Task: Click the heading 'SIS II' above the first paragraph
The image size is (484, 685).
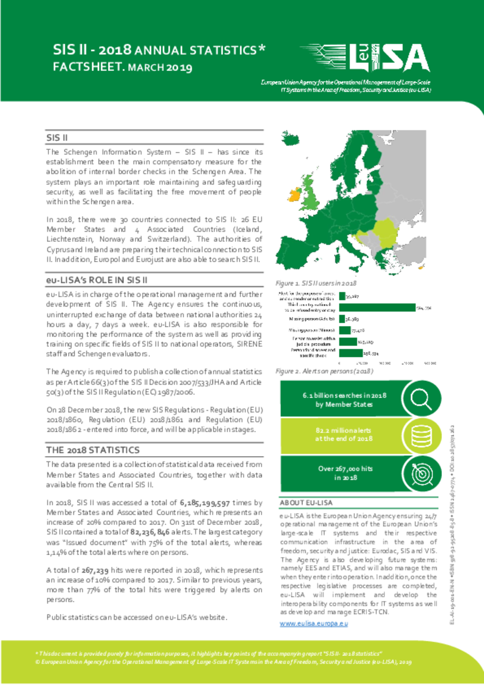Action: click(x=58, y=138)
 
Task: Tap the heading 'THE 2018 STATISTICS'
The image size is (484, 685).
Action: click(x=92, y=449)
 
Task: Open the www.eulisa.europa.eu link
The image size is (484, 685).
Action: click(x=314, y=623)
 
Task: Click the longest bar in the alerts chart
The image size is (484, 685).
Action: click(x=378, y=307)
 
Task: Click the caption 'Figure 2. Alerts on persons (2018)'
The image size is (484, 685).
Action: click(x=324, y=371)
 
